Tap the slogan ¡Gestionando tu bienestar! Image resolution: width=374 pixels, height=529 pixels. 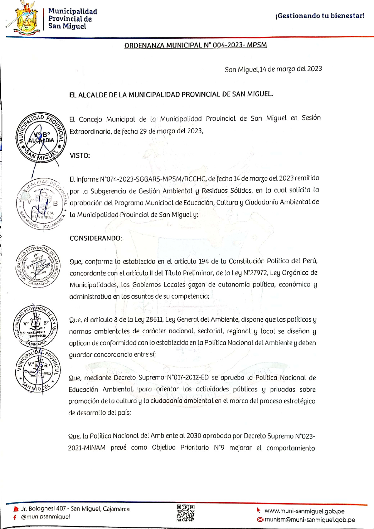click(x=320, y=16)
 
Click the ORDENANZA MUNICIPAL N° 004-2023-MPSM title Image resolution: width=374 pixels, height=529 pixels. click(x=195, y=45)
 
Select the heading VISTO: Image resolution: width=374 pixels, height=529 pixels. click(x=80, y=155)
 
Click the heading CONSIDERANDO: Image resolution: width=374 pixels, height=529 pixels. click(x=96, y=238)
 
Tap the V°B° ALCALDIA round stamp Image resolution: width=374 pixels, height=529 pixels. click(x=41, y=138)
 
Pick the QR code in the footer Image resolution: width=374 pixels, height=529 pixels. click(x=185, y=513)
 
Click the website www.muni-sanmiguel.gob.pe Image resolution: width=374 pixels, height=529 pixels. click(x=304, y=511)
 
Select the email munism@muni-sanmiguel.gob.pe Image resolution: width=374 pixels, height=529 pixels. click(x=310, y=520)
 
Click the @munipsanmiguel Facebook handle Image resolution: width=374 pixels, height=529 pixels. click(x=45, y=517)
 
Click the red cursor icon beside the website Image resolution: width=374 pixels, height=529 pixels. click(x=259, y=510)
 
